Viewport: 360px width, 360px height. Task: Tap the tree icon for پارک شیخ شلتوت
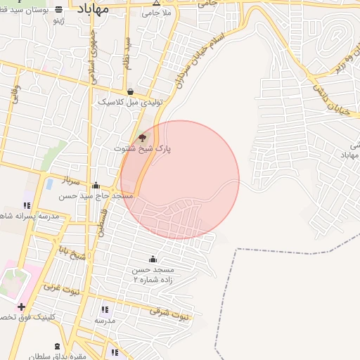coord(142,138)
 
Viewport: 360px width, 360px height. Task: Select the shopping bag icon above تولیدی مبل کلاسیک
coord(130,91)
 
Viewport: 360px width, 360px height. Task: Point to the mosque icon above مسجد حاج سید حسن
coord(96,186)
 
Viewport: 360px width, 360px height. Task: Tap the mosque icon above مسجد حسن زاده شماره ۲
coord(153,259)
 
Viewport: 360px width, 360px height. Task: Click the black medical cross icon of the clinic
coord(22,307)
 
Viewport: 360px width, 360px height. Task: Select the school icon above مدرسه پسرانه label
coord(27,205)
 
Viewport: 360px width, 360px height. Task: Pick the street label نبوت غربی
coord(62,288)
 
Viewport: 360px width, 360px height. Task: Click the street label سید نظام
coord(128,51)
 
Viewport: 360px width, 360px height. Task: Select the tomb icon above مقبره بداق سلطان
coord(57,347)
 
